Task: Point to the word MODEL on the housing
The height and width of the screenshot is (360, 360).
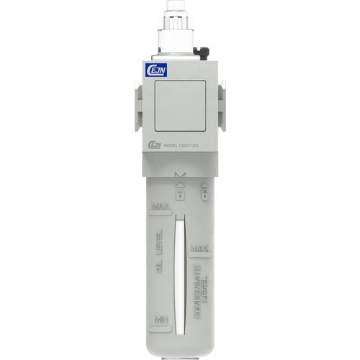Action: tap(171, 144)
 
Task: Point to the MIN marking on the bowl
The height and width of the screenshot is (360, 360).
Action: tap(160, 319)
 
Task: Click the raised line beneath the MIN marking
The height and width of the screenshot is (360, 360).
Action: tap(160, 328)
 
